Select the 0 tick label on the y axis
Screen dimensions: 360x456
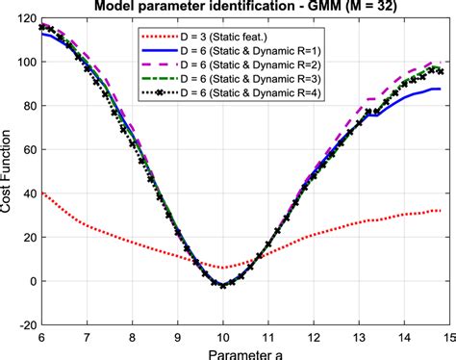click(x=31, y=281)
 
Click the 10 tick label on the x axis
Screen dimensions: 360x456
click(x=223, y=338)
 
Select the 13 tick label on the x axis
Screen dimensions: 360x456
click(x=361, y=338)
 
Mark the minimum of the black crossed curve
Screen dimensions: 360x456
click(x=223, y=286)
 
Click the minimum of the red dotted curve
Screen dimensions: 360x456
click(x=223, y=268)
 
